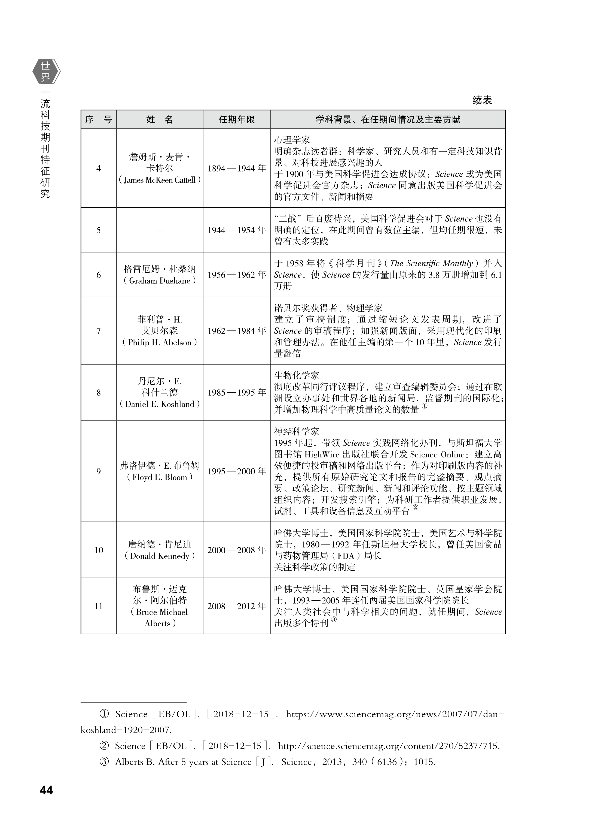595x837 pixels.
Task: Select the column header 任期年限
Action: tap(237, 120)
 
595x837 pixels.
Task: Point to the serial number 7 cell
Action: tap(99, 331)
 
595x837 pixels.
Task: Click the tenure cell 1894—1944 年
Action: tap(237, 168)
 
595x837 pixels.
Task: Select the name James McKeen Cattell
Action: tap(160, 180)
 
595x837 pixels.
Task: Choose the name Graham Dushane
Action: tap(160, 281)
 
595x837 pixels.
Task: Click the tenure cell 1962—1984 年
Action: tap(237, 331)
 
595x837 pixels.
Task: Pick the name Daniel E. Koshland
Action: tap(160, 404)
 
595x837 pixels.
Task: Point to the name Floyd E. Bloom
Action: tap(160, 477)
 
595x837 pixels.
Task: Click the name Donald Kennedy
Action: tap(160, 556)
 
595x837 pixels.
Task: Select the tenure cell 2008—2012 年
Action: tap(237, 606)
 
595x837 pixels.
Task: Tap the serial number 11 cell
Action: tap(99, 606)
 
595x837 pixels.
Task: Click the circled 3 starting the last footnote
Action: tap(104, 762)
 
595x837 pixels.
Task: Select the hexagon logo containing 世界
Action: tap(46, 71)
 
